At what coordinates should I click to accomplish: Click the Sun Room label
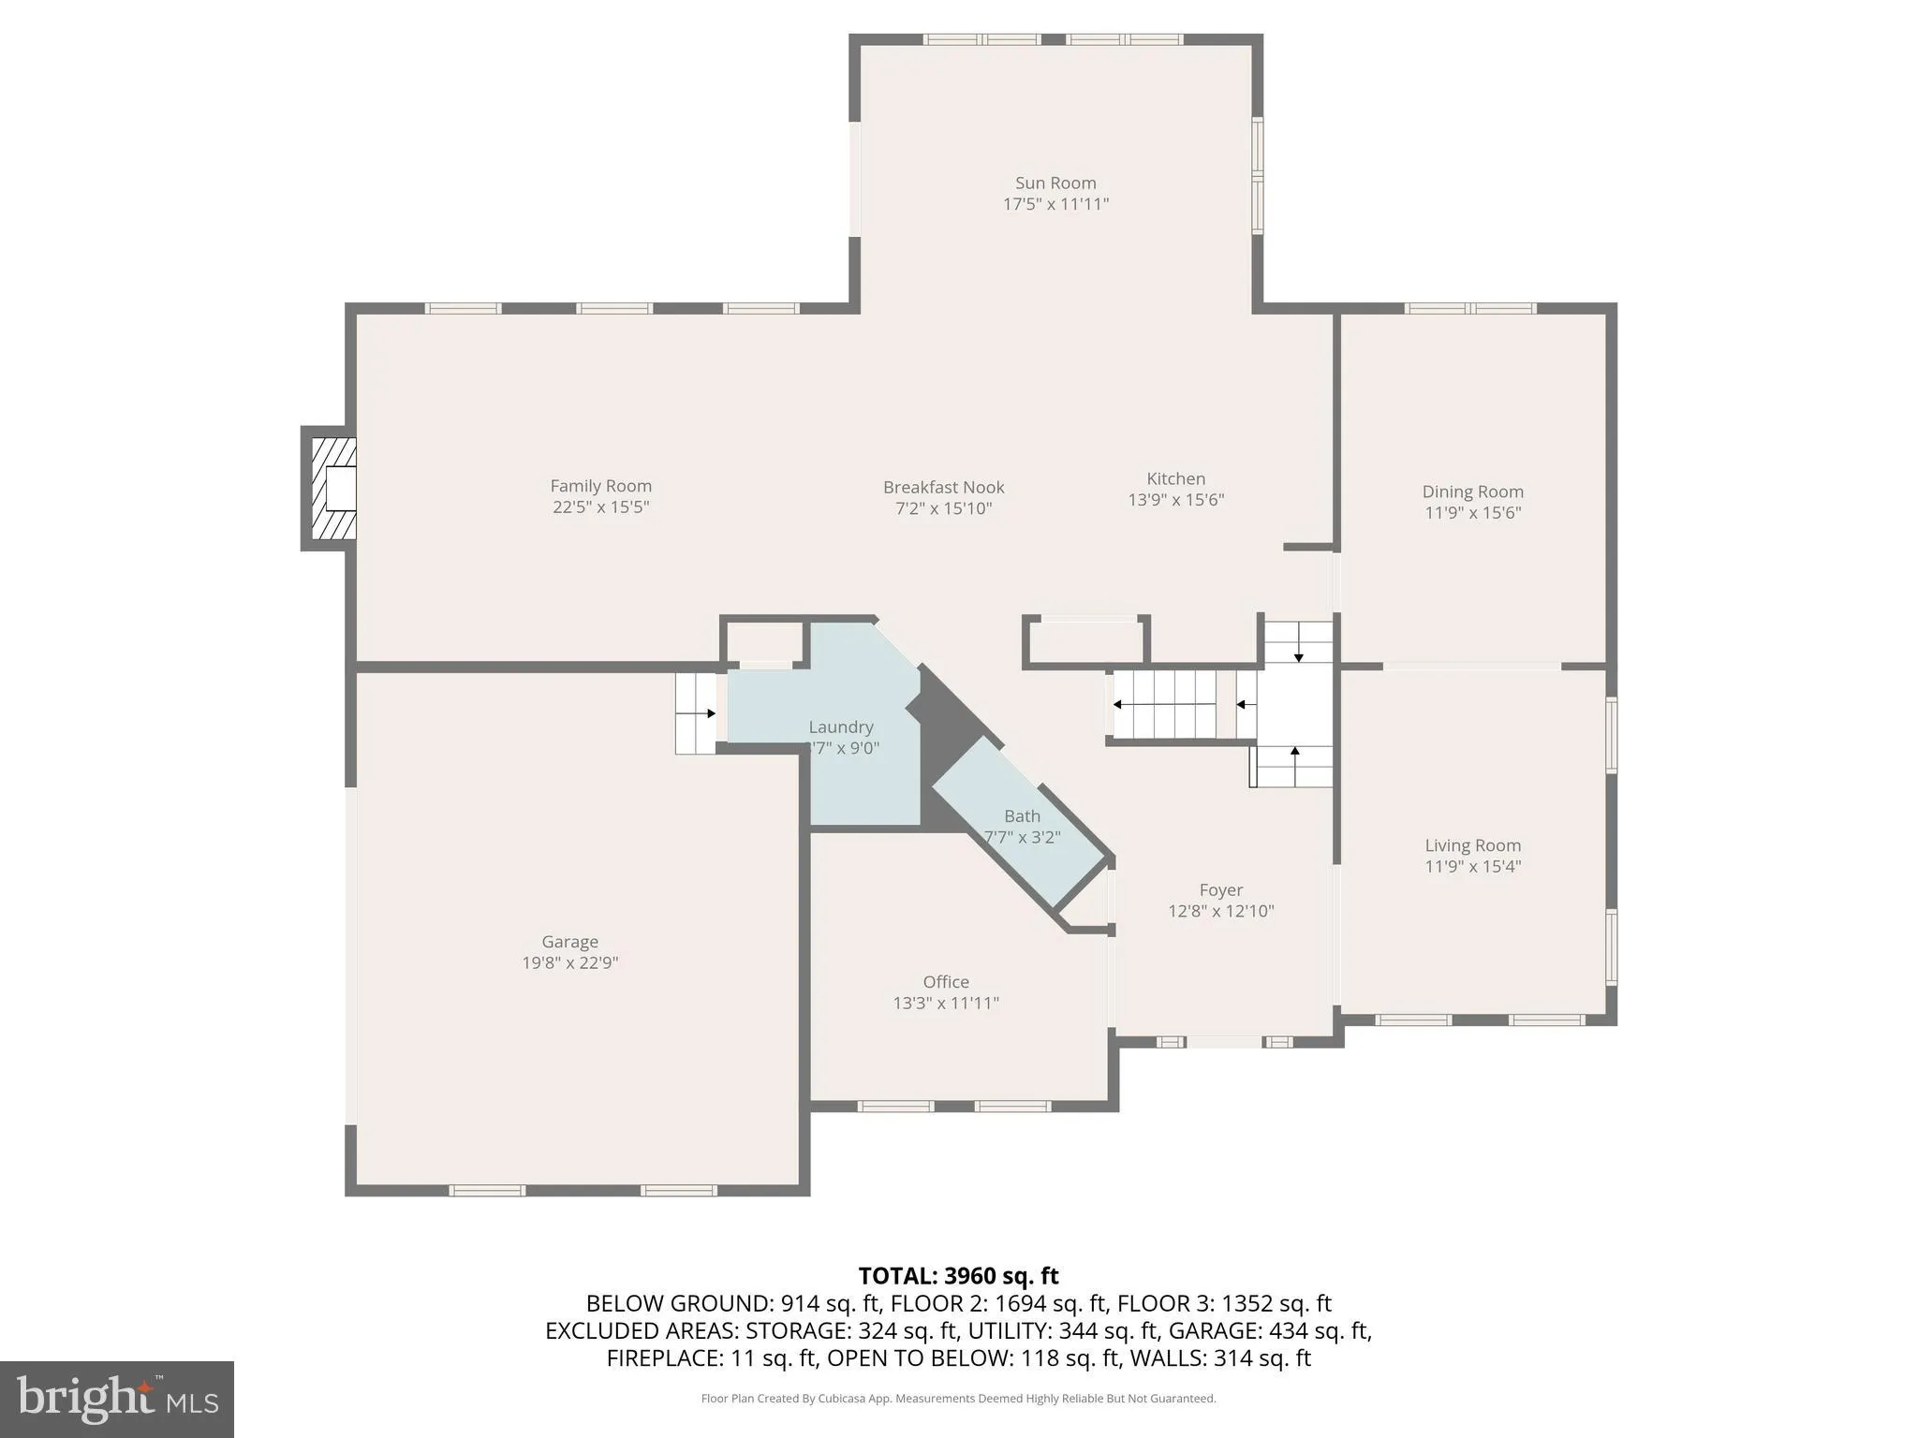[1055, 183]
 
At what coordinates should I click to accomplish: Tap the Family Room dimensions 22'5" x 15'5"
[600, 506]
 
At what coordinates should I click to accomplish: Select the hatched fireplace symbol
[333, 488]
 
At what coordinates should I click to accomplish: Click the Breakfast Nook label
[943, 487]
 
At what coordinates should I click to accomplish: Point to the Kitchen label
[1175, 478]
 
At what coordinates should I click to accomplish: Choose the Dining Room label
[1472, 492]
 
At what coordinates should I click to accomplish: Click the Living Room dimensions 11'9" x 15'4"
[1472, 866]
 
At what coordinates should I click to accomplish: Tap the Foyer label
[1220, 889]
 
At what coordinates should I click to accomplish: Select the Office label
[945, 981]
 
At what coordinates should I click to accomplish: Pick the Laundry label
[840, 726]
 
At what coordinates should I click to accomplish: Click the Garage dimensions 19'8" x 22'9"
[569, 962]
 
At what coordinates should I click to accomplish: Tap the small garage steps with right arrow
[695, 713]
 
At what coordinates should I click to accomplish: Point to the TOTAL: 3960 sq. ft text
[958, 1275]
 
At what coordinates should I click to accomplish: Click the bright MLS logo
[116, 1399]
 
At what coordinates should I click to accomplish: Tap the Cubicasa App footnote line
[958, 1399]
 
